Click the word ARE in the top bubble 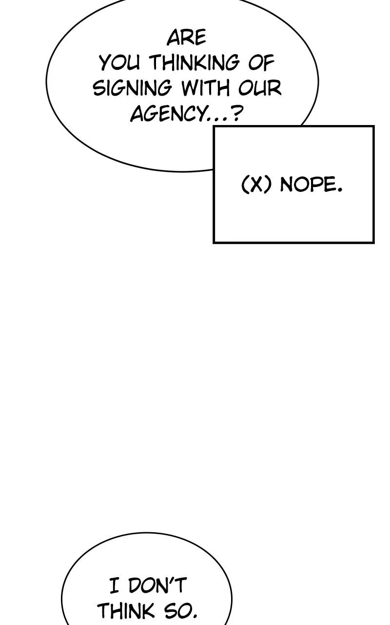point(186,38)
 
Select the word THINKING point(194,63)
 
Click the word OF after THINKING point(262,63)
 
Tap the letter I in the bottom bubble point(114,585)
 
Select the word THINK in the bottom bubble point(126,611)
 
